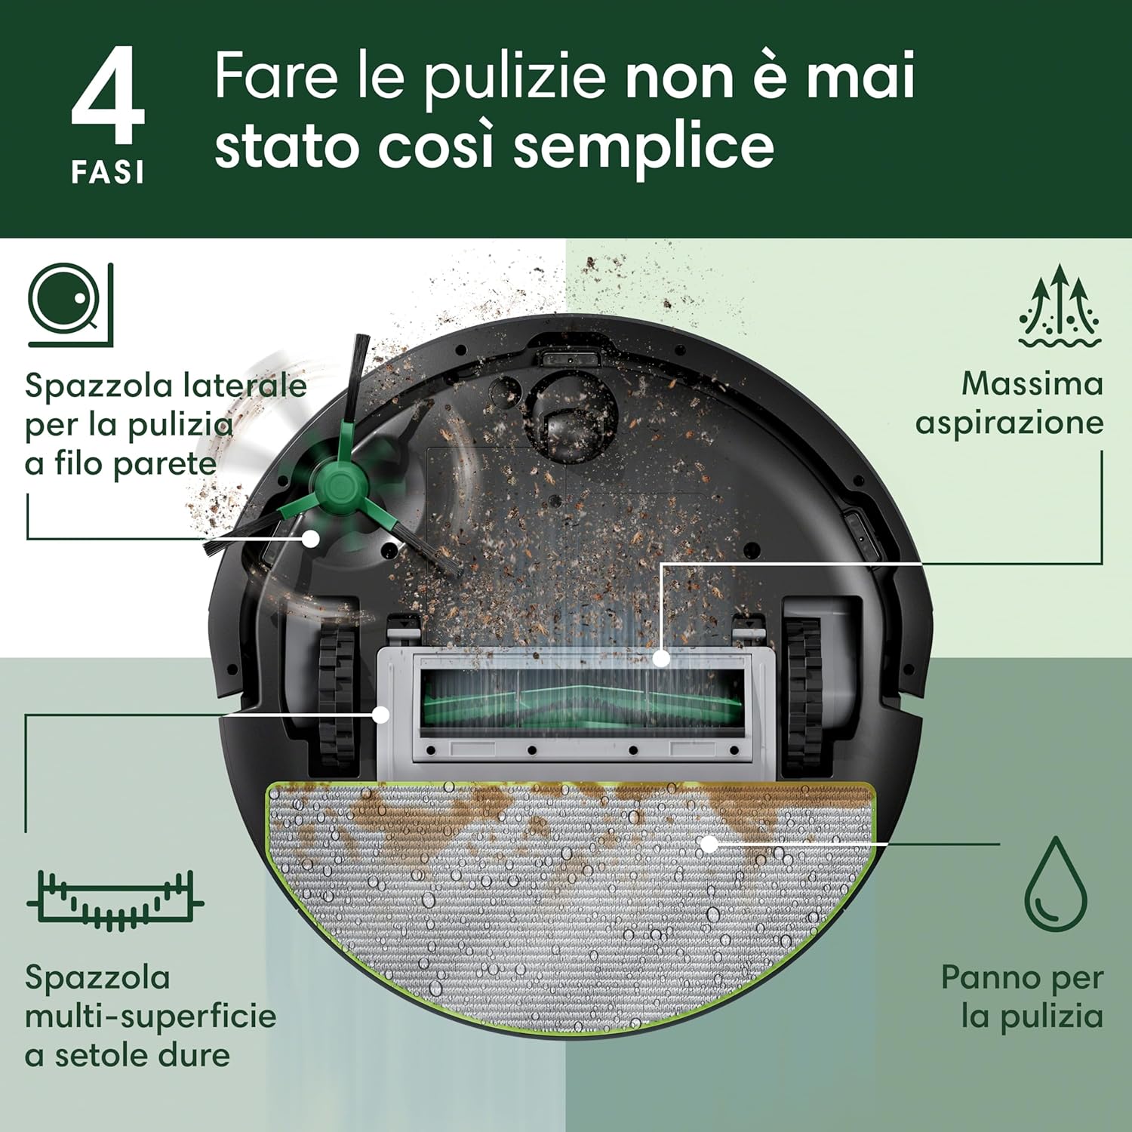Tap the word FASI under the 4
coord(107,173)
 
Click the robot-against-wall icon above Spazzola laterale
coord(71,305)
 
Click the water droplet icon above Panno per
coord(1056,884)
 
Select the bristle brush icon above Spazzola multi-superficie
coord(115,900)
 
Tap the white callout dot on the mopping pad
coord(709,843)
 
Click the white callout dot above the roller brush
coord(661,658)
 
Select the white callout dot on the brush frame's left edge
coord(382,714)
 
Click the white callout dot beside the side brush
coord(311,538)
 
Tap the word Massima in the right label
coord(1032,383)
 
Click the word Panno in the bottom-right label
coord(990,977)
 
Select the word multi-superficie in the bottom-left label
coord(151,1017)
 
